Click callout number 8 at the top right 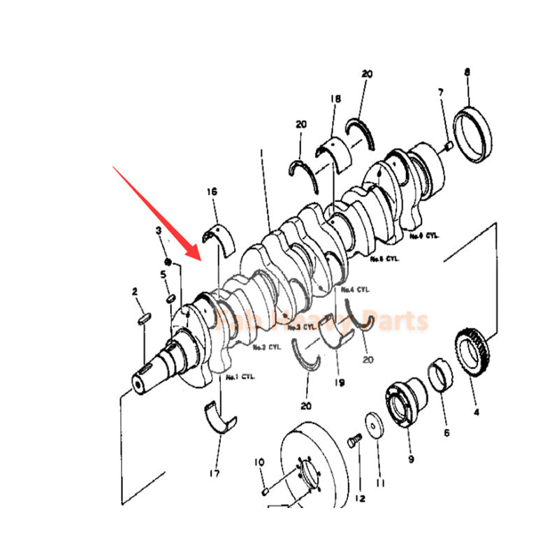pyautogui.click(x=467, y=72)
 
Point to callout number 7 pyautogui.click(x=441, y=92)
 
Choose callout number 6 pyautogui.click(x=447, y=433)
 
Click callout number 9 pyautogui.click(x=411, y=459)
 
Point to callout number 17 pyautogui.click(x=214, y=474)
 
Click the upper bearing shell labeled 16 pyautogui.click(x=219, y=235)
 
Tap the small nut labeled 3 pyautogui.click(x=168, y=263)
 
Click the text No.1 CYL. pyautogui.click(x=240, y=377)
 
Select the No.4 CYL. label pyautogui.click(x=354, y=288)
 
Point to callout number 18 pyautogui.click(x=335, y=100)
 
